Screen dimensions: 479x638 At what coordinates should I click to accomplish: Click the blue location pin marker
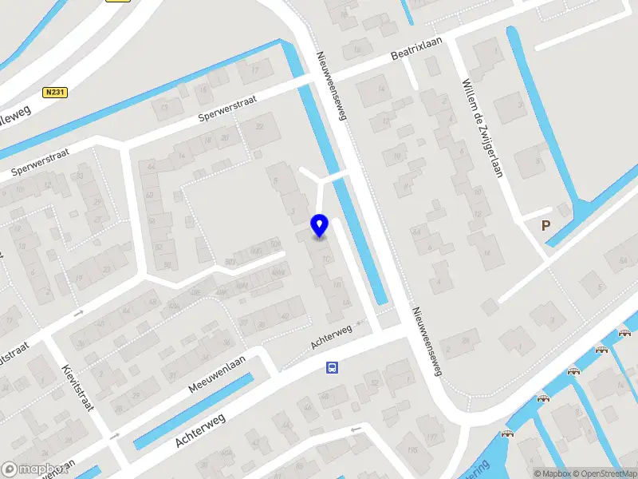point(319,226)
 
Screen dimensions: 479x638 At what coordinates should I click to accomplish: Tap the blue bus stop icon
point(332,368)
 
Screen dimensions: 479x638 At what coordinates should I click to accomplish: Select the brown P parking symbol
point(546,226)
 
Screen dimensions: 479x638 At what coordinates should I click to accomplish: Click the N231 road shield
point(55,93)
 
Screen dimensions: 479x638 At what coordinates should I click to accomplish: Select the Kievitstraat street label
point(77,387)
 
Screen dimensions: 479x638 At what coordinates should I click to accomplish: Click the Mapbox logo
point(33,469)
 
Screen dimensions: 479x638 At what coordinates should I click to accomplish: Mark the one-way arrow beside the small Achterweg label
point(359,323)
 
